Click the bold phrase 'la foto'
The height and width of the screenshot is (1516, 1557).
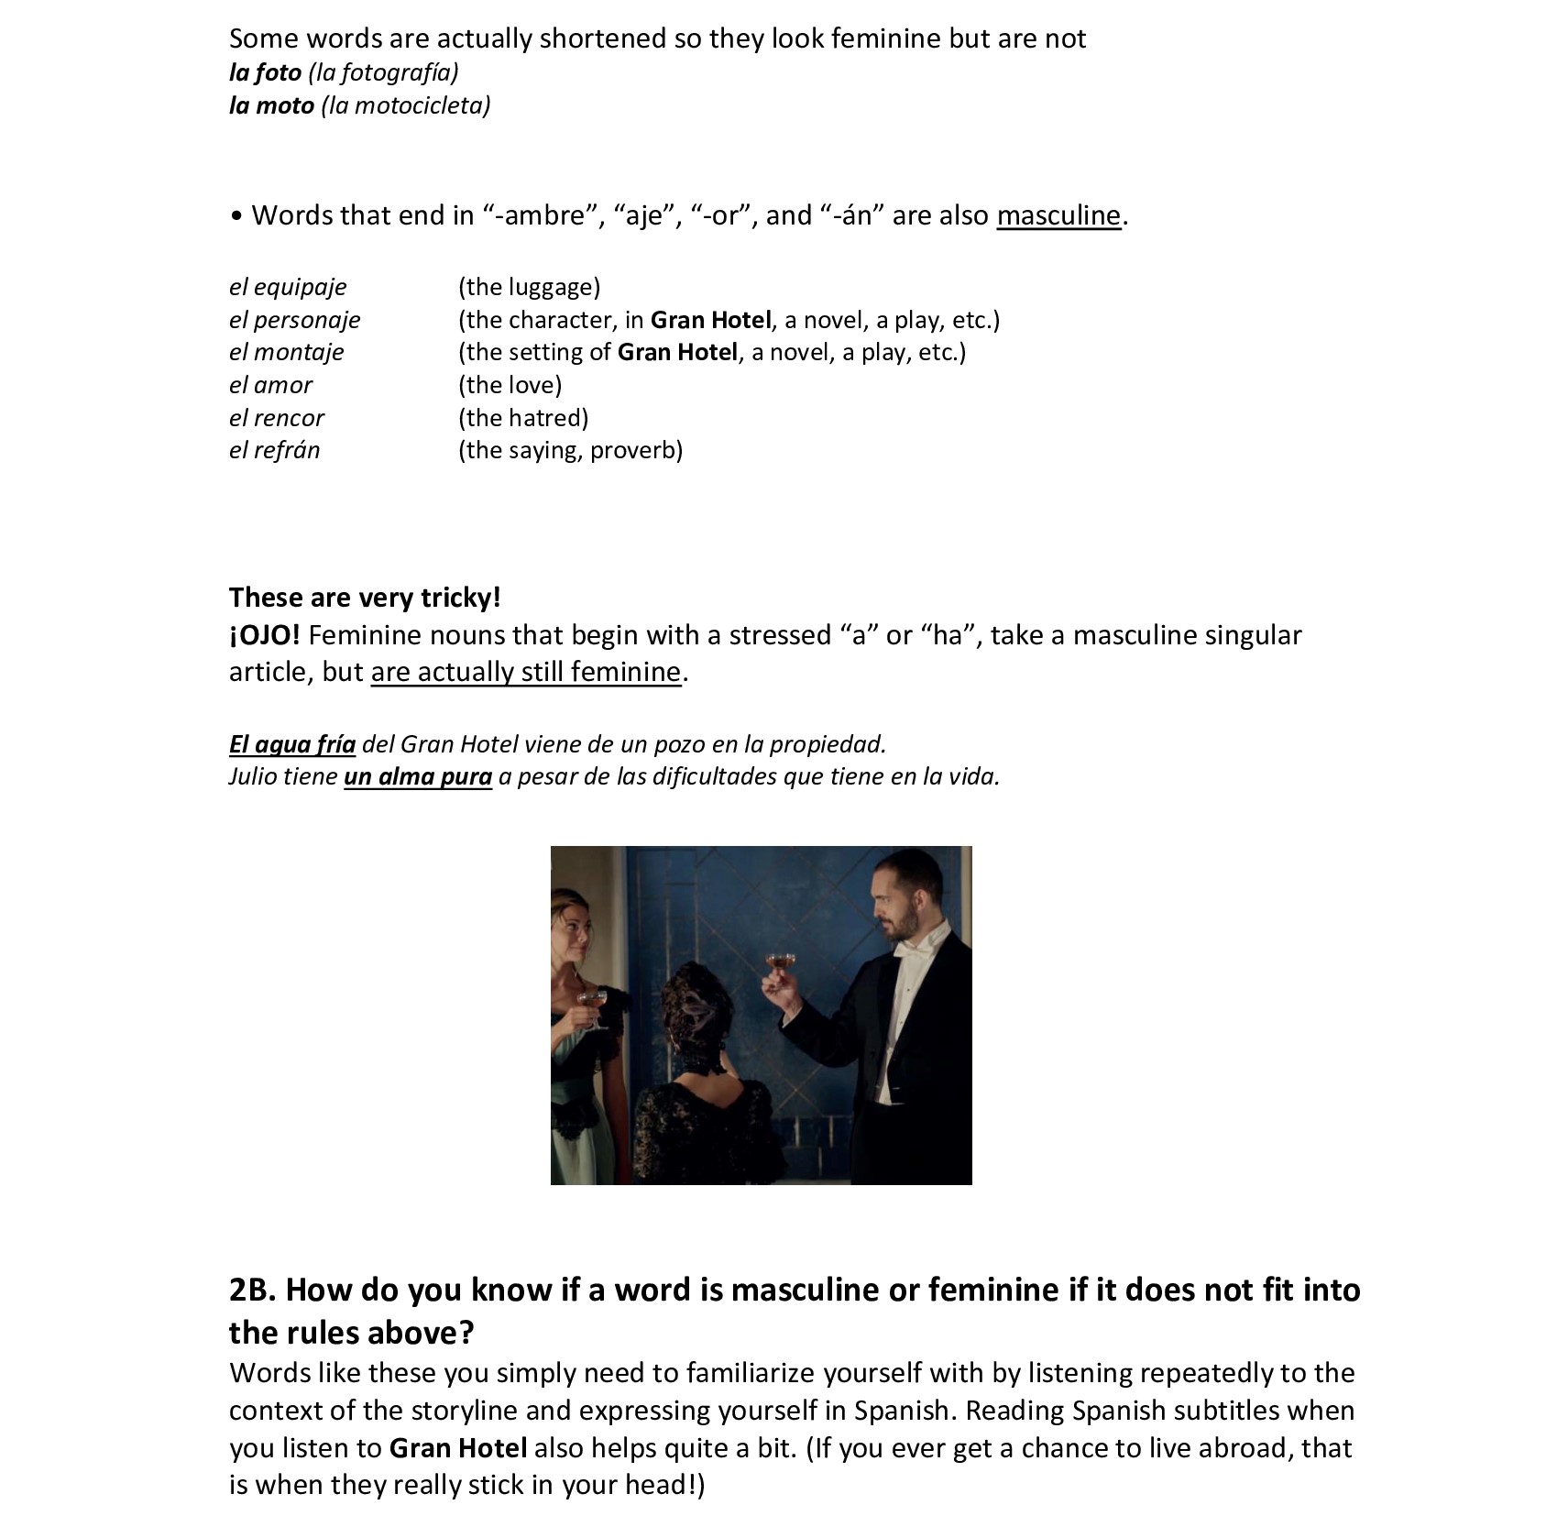click(265, 72)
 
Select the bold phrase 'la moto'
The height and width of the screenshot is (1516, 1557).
click(271, 105)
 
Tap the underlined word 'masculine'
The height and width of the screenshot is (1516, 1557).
click(1058, 215)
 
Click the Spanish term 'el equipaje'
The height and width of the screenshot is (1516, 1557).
click(288, 287)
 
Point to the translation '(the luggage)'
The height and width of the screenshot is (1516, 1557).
click(529, 287)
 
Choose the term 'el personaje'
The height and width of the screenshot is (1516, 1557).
click(294, 320)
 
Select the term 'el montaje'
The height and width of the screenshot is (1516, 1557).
click(286, 352)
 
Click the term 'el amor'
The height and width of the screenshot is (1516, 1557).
click(270, 385)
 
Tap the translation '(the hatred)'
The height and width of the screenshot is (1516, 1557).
click(523, 418)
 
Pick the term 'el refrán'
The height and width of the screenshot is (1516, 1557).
click(274, 450)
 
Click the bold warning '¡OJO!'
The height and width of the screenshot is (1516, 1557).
click(264, 635)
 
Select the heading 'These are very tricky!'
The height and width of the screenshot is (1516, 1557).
click(365, 598)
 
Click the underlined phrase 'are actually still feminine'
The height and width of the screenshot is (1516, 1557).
click(526, 672)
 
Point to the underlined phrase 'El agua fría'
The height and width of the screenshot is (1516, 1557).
click(292, 743)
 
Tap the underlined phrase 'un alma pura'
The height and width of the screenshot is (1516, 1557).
click(418, 776)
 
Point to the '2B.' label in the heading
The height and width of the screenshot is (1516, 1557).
click(252, 1290)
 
